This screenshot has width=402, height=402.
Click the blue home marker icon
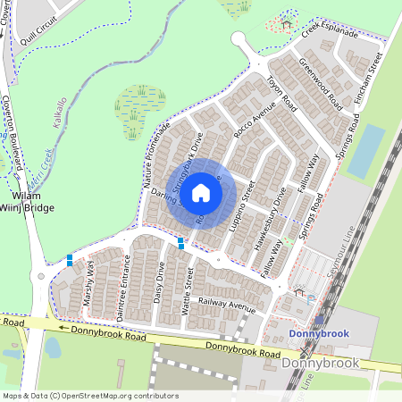click(x=201, y=193)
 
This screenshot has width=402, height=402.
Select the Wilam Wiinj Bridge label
click(x=28, y=201)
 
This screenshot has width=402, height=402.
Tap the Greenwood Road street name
click(x=321, y=81)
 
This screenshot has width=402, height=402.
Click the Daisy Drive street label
click(x=158, y=284)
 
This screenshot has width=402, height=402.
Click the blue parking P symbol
click(x=311, y=299)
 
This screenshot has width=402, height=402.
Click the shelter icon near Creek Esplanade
click(x=286, y=22)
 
